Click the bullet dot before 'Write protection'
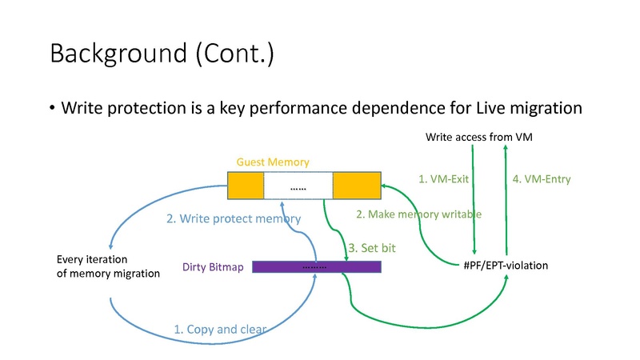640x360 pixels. pyautogui.click(x=52, y=108)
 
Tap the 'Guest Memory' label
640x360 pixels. pyautogui.click(x=273, y=162)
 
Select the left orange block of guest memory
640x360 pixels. pyautogui.click(x=246, y=186)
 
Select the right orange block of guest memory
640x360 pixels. pyautogui.click(x=356, y=186)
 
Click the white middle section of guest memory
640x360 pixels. pyautogui.click(x=298, y=186)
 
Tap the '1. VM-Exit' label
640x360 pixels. pyautogui.click(x=443, y=180)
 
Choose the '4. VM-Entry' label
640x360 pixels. pyautogui.click(x=542, y=180)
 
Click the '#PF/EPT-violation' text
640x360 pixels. pyautogui.click(x=506, y=266)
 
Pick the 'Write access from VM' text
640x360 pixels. pyautogui.click(x=478, y=138)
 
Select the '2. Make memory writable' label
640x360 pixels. pyautogui.click(x=418, y=214)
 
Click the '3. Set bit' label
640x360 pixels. pyautogui.click(x=372, y=249)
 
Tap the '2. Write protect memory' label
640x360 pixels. pyautogui.click(x=234, y=218)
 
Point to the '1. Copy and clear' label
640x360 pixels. pyautogui.click(x=220, y=329)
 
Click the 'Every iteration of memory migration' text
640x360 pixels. pyautogui.click(x=109, y=266)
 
